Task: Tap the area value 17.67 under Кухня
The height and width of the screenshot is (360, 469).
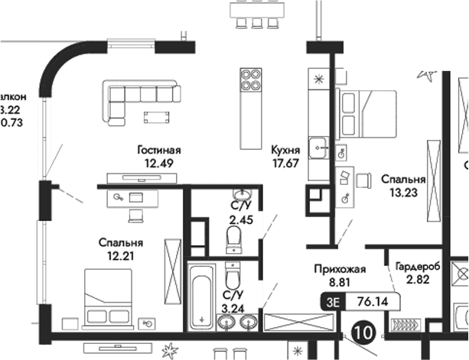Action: (285, 162)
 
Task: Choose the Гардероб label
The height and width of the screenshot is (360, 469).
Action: (418, 268)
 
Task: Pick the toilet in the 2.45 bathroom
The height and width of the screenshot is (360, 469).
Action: (235, 241)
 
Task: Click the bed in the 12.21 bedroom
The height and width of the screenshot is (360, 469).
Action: (109, 294)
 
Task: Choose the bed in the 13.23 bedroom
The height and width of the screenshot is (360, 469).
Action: (367, 113)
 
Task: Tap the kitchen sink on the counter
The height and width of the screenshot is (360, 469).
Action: (320, 144)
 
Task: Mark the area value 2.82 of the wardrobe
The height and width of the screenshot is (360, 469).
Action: (418, 281)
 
